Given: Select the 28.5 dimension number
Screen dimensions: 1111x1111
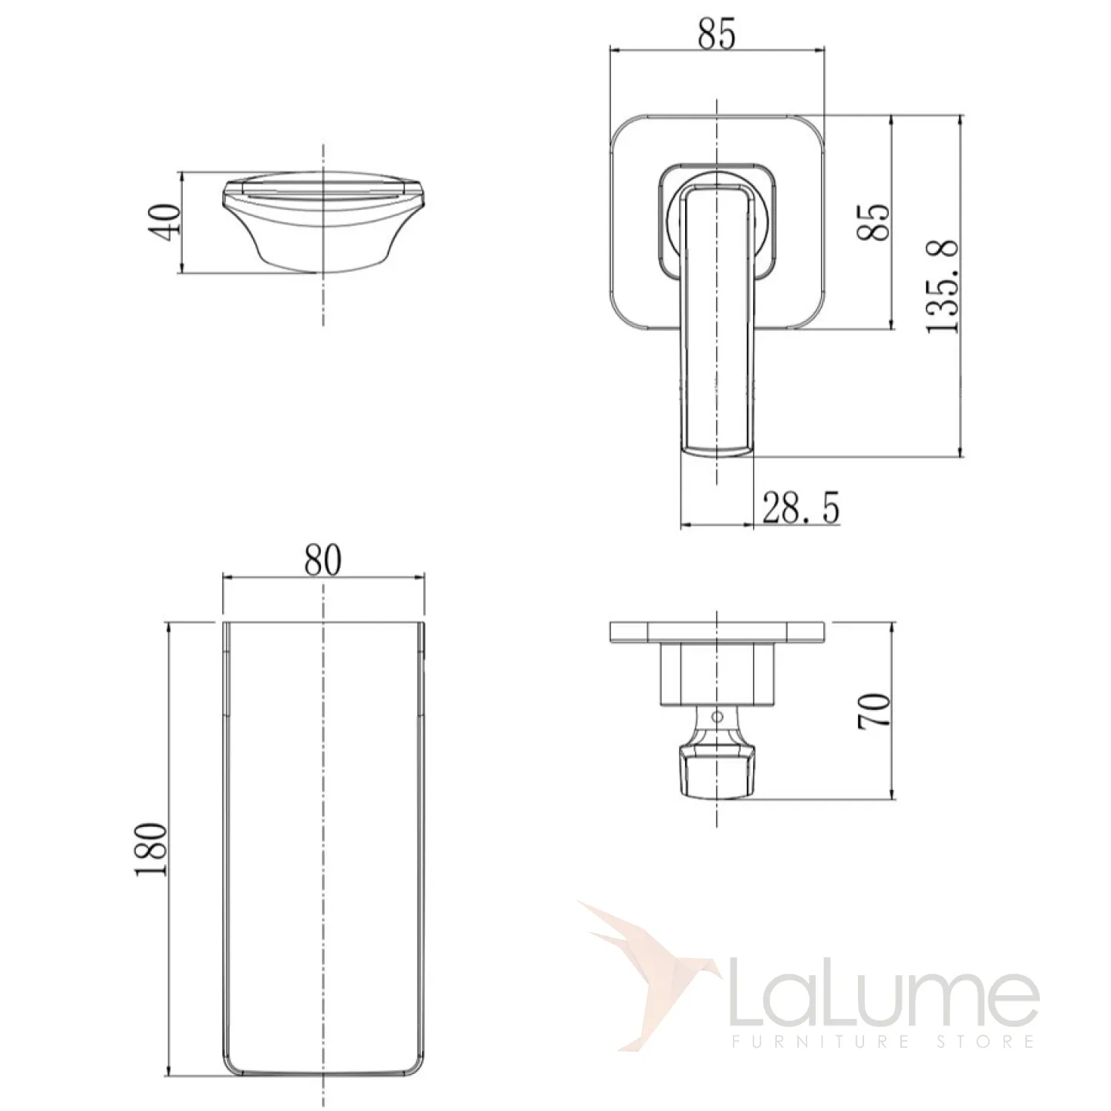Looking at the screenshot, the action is click(x=801, y=507).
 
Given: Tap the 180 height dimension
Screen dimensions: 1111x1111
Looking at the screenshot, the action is click(x=152, y=849).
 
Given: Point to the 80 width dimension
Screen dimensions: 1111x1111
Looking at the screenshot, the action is click(x=323, y=560).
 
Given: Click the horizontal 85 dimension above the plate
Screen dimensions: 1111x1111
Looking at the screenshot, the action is click(x=718, y=33).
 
